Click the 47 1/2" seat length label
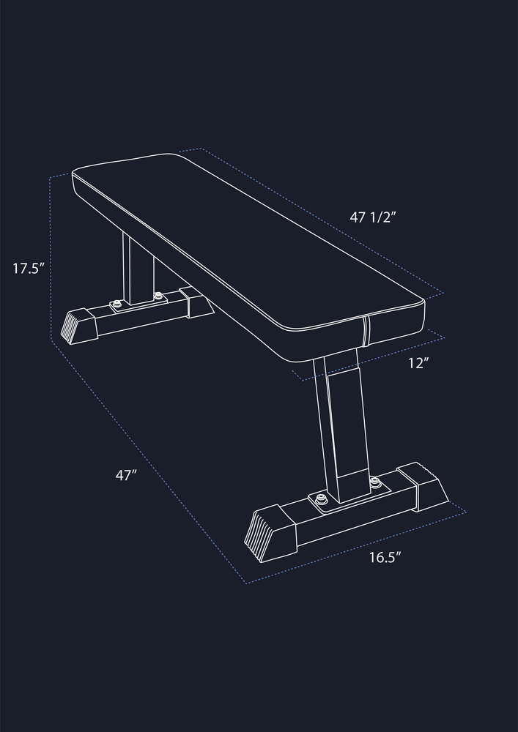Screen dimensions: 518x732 [373, 217]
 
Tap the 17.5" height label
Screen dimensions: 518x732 [28, 269]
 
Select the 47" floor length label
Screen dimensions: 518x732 [125, 475]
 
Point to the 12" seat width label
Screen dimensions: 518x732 [418, 363]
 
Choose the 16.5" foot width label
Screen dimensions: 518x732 [385, 557]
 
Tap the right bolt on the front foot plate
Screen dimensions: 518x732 [374, 482]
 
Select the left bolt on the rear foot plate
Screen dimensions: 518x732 [116, 305]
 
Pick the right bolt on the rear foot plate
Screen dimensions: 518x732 [158, 296]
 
